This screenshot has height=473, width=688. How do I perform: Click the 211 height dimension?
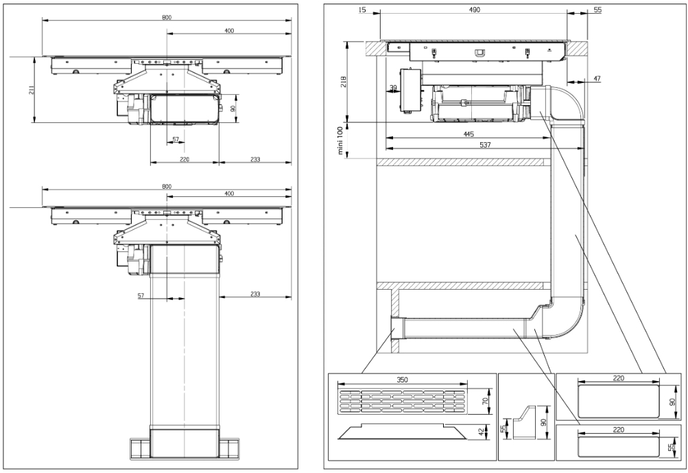32,91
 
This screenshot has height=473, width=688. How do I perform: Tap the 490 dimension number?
474,10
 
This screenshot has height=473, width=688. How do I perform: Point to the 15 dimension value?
361,10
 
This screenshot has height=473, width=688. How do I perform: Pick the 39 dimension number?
393,87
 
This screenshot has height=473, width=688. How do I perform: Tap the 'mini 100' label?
341,141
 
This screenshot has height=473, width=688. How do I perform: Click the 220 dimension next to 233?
185,159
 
